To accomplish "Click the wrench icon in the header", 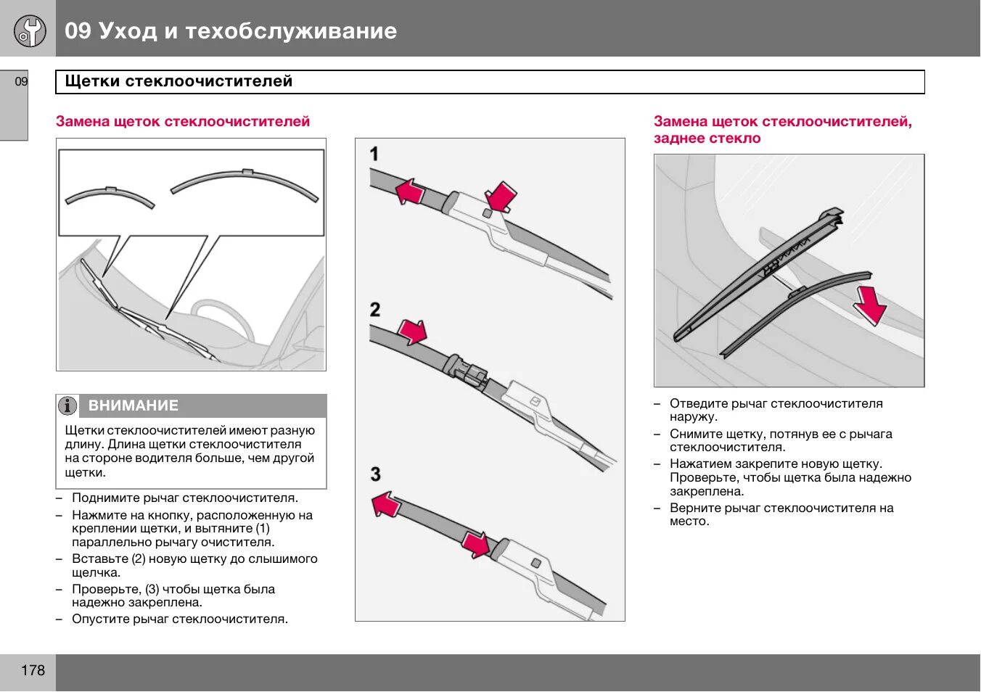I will (x=30, y=30).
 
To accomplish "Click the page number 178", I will (x=33, y=670).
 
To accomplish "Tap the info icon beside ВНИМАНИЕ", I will (x=67, y=405).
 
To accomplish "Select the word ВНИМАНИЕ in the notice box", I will (x=133, y=405).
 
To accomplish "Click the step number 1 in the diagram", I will (x=374, y=154).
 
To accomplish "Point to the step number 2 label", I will (x=374, y=310).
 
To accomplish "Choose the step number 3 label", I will (x=375, y=474).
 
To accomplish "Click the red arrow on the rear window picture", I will (x=870, y=305).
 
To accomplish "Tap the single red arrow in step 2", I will (x=413, y=331).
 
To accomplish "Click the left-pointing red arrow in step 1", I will (x=409, y=192).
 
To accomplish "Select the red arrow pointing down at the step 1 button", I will (x=500, y=197).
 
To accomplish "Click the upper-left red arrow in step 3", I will (x=387, y=503).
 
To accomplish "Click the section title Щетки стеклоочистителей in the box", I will (x=178, y=81).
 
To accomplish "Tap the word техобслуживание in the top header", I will (x=291, y=30).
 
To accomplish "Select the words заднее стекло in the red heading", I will (x=707, y=139).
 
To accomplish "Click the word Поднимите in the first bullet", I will (x=102, y=498).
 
